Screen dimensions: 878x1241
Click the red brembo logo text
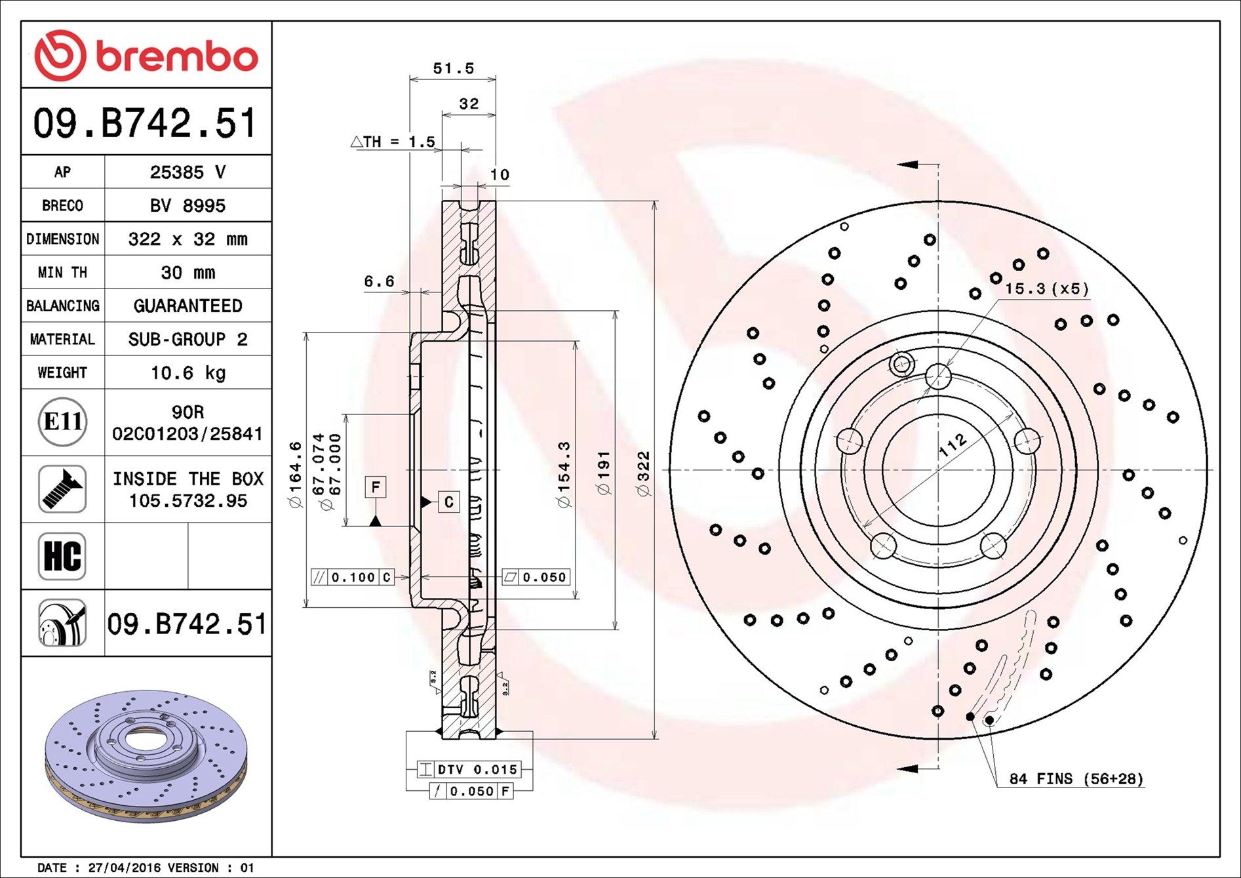pos(177,56)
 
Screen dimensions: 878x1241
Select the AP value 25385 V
pos(187,172)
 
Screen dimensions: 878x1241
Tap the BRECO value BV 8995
pos(187,206)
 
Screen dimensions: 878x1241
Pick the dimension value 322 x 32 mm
pos(187,239)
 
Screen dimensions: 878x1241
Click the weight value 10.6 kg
pos(187,373)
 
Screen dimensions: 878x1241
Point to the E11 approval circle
pos(62,422)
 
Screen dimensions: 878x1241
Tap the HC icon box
pos(62,556)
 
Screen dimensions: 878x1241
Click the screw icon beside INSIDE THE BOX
pos(62,489)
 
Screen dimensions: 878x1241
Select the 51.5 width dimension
pos(453,69)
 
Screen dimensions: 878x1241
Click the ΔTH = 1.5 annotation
pos(393,142)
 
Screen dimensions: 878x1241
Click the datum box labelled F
pos(376,487)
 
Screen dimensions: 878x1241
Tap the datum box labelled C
pos(448,502)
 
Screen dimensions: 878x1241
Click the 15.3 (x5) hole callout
pos(1046,289)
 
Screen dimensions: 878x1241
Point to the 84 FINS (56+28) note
pos(1076,779)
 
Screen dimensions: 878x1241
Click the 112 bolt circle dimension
pos(952,445)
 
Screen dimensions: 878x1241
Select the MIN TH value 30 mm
pos(187,273)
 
